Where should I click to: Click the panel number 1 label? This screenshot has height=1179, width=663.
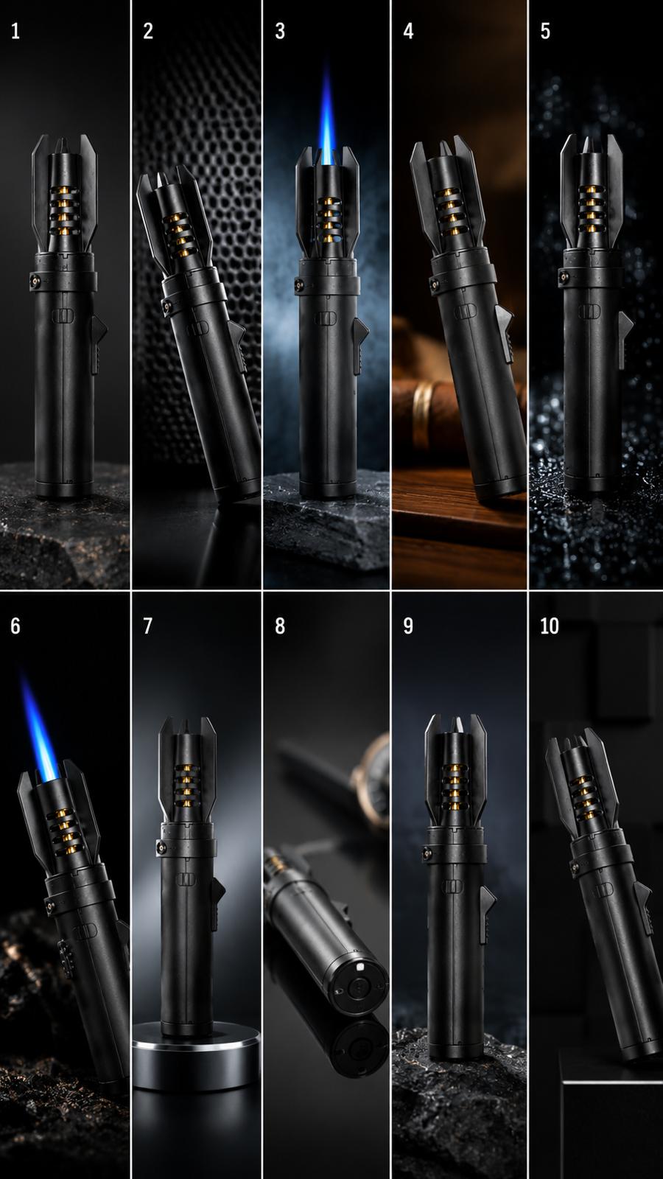(x=15, y=31)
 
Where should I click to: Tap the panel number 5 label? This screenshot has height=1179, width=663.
(x=545, y=31)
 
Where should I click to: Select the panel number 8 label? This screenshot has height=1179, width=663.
(x=280, y=626)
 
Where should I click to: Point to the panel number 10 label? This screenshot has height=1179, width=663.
(x=549, y=626)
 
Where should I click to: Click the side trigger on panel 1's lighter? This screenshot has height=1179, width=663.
(x=99, y=342)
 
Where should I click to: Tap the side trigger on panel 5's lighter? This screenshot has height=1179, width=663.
(x=625, y=340)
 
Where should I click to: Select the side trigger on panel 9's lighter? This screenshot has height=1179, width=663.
(x=487, y=914)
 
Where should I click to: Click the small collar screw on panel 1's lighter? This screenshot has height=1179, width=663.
(x=35, y=281)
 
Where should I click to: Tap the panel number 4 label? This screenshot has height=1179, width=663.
(x=408, y=31)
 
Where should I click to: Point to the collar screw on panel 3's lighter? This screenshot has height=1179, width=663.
(x=299, y=287)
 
